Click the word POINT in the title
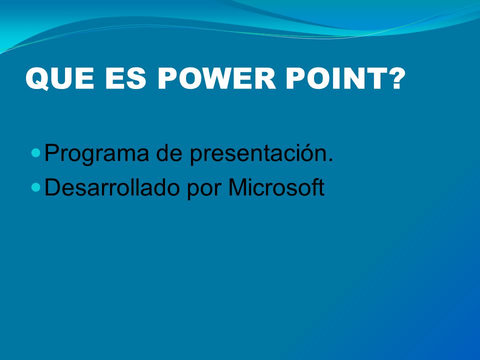(x=336, y=78)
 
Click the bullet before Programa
(x=36, y=153)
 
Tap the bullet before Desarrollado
(x=36, y=187)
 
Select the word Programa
(x=96, y=153)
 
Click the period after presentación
(x=330, y=160)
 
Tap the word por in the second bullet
(x=204, y=190)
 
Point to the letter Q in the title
(x=38, y=79)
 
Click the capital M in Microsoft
(x=239, y=187)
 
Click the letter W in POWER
(x=216, y=78)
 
